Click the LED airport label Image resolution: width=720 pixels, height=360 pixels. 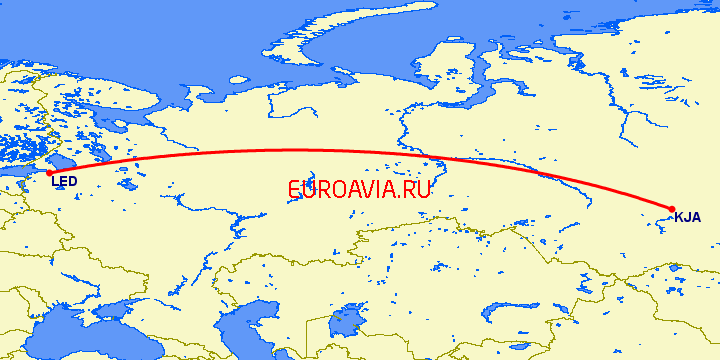point(64,181)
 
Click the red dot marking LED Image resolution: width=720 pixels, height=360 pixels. point(49,173)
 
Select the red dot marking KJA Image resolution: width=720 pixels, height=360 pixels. point(672,209)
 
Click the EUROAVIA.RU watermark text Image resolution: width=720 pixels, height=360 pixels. point(358,189)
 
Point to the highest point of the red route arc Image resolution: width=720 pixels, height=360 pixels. point(290,150)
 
